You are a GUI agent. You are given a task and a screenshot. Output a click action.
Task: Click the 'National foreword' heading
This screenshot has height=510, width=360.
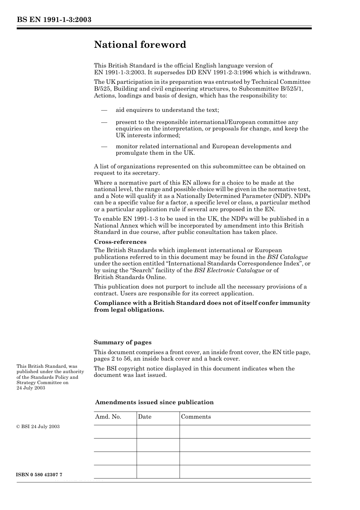(140, 45)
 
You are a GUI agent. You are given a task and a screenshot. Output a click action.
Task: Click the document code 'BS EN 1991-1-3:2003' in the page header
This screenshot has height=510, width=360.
(54, 20)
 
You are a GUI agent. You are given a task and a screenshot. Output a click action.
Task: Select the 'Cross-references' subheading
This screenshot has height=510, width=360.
(120, 242)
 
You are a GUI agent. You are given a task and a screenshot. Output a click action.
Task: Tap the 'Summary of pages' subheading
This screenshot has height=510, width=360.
(122, 342)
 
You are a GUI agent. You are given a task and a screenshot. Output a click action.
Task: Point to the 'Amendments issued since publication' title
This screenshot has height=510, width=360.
(154, 402)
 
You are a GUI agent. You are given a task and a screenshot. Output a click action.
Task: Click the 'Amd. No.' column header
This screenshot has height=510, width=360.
(108, 417)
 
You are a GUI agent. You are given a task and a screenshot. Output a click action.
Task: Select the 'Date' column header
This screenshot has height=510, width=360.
(144, 417)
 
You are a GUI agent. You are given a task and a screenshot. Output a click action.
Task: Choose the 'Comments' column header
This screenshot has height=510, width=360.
(196, 417)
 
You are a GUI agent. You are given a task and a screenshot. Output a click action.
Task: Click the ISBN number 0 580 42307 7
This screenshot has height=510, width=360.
(39, 475)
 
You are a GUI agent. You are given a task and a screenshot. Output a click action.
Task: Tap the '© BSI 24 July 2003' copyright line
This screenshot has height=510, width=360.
(38, 427)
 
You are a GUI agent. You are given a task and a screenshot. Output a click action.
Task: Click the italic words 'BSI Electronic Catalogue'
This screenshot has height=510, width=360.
(229, 270)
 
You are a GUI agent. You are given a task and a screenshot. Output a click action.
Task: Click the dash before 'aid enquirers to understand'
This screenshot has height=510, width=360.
(104, 110)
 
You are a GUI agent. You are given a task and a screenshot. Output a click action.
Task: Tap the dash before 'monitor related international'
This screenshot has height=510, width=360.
(104, 147)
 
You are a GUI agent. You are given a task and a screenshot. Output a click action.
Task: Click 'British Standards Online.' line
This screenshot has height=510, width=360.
(130, 277)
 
